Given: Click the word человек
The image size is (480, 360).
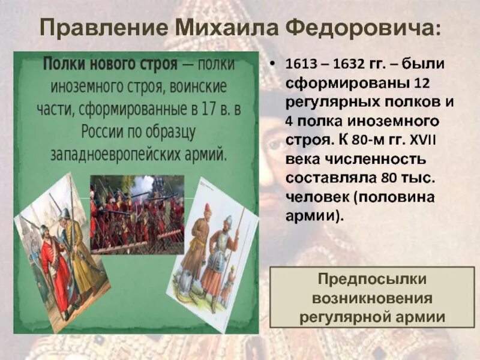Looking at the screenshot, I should tap(317, 197).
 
